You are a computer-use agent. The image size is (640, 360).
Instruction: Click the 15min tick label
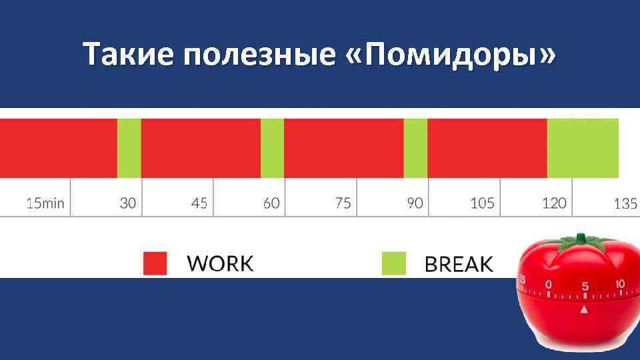[x=45, y=203]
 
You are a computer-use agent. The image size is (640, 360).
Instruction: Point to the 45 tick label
[x=199, y=203]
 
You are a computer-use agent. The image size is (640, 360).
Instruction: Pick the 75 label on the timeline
[x=343, y=203]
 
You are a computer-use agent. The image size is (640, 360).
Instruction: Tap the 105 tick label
[x=482, y=203]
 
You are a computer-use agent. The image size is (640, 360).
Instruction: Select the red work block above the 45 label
[x=201, y=148]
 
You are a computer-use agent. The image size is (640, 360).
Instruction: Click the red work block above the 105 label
[x=487, y=148]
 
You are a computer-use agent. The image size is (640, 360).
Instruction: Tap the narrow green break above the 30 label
[x=129, y=148]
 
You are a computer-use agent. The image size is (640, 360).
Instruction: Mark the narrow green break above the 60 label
[x=272, y=148]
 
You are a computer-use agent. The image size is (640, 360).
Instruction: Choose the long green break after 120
[x=583, y=148]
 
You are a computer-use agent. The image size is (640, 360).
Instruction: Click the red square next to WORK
[x=155, y=263]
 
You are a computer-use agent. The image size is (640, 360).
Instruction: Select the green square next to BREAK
[x=393, y=263]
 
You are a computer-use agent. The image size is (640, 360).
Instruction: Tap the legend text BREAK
[x=459, y=264]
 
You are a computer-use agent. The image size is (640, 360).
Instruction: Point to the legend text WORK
[x=221, y=263]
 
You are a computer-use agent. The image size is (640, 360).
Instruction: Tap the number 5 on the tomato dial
[x=585, y=286]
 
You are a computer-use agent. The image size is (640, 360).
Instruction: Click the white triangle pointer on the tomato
[x=585, y=309]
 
